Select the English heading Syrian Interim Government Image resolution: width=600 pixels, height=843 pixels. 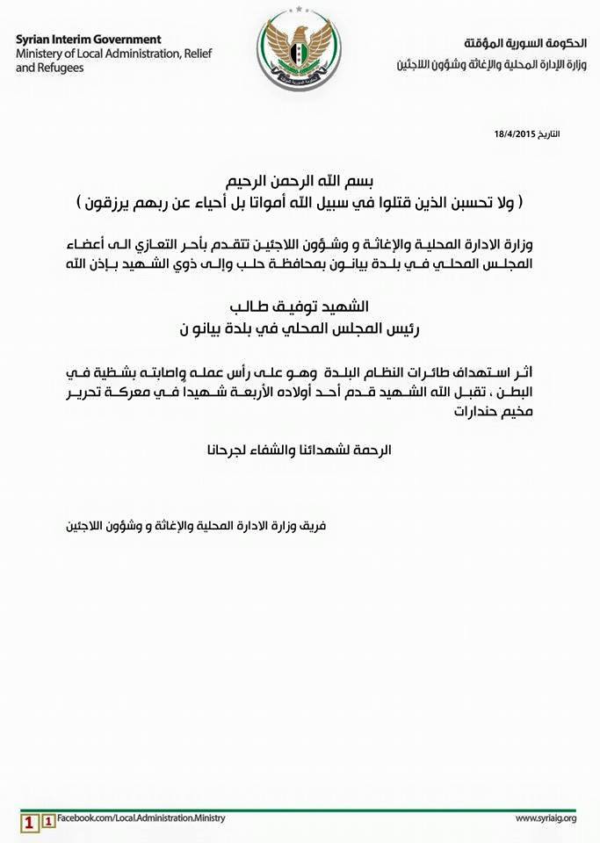(89, 40)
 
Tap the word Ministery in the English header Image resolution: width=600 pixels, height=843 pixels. (41, 54)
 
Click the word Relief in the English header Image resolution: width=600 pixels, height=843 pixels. (200, 54)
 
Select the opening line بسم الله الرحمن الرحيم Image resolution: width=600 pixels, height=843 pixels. (300, 183)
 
